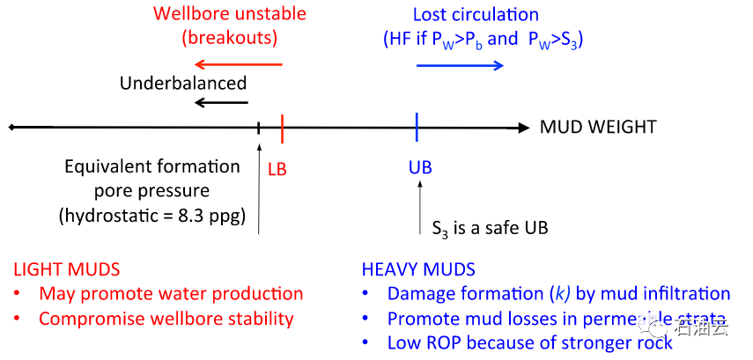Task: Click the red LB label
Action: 277,167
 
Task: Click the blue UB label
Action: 420,167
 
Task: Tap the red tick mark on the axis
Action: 282,128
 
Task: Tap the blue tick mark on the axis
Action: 417,128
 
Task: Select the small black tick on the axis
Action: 258,128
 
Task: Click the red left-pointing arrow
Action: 238,64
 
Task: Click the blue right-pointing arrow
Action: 460,65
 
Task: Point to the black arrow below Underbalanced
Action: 221,103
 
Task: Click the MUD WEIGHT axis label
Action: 598,128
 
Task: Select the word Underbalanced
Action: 183,84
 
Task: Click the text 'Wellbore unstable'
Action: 230,14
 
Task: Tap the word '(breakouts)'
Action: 230,38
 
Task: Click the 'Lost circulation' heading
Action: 476,14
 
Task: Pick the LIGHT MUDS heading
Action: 67,269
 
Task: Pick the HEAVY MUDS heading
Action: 418,269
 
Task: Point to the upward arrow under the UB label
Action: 420,206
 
